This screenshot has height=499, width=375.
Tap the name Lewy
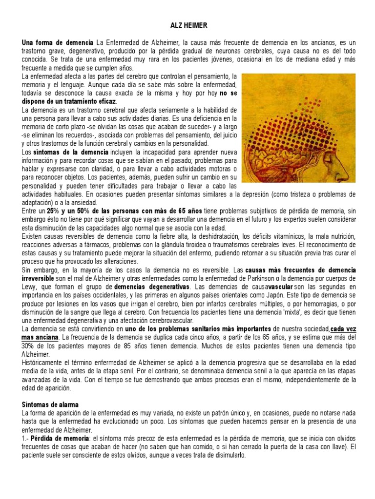coord(31,286)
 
